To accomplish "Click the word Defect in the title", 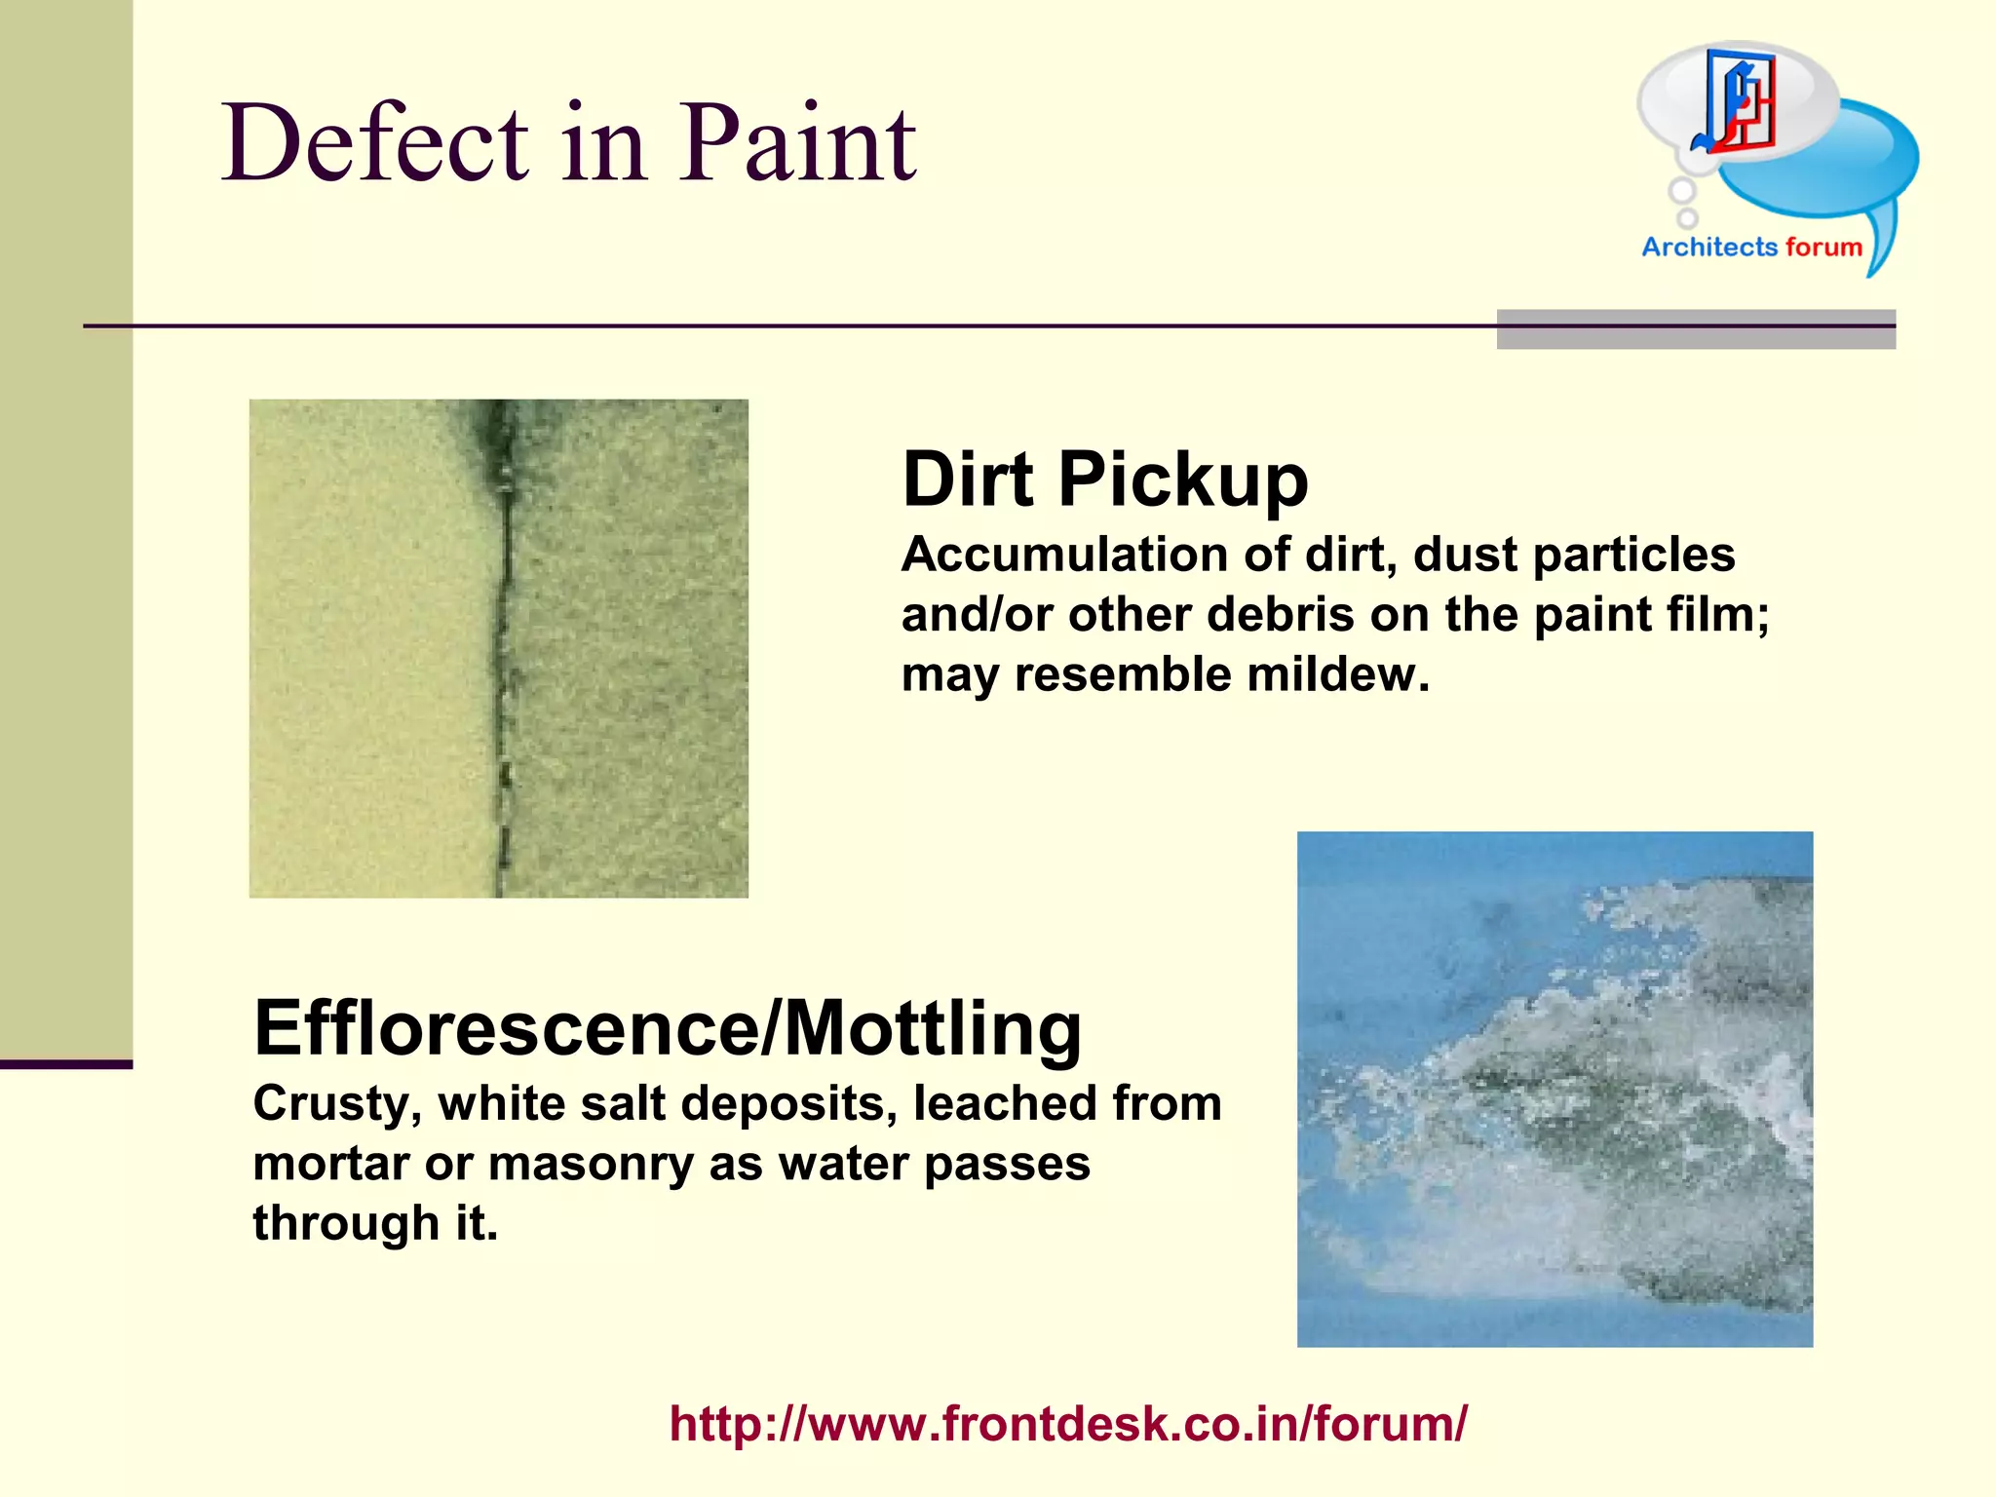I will (375, 143).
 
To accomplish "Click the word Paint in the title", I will (797, 143).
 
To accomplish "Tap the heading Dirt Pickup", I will (1104, 480).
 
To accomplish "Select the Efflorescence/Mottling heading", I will (668, 1028).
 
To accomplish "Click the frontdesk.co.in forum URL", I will (1067, 1423).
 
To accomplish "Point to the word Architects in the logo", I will (1709, 247).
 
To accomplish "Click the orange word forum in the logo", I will (1823, 247).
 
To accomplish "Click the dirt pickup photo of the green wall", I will (498, 648).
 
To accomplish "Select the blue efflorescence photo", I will (1555, 1089).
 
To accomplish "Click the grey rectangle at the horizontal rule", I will (1696, 329).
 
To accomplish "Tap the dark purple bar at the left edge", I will (65, 1064).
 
